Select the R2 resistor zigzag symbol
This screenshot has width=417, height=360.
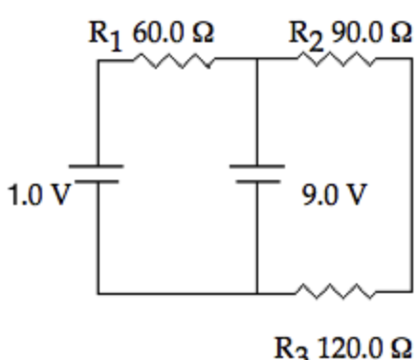pos(337,59)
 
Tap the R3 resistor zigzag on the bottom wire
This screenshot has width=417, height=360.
pos(336,291)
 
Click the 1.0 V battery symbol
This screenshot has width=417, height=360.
pos(97,174)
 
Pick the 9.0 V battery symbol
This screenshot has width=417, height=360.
pos(257,174)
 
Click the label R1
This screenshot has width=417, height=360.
pos(105,35)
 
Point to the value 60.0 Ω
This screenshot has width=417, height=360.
pos(173,33)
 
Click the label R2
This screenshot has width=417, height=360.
pos(306,35)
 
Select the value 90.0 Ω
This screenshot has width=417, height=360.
pos(371,33)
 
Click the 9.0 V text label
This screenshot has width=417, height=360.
pos(334,194)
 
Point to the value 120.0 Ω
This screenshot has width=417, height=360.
pos(364,348)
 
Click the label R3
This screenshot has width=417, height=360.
pos(292,349)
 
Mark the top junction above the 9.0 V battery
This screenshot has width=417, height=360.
pos(257,59)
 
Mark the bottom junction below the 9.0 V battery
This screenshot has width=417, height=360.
pos(257,292)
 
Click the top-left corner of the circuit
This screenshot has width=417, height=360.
pos(99,60)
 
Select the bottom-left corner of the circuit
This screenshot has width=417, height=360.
pos(99,293)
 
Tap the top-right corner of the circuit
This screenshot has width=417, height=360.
pos(411,59)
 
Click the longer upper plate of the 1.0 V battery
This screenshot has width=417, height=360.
pos(97,166)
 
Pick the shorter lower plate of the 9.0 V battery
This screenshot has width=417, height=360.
pos(258,182)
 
